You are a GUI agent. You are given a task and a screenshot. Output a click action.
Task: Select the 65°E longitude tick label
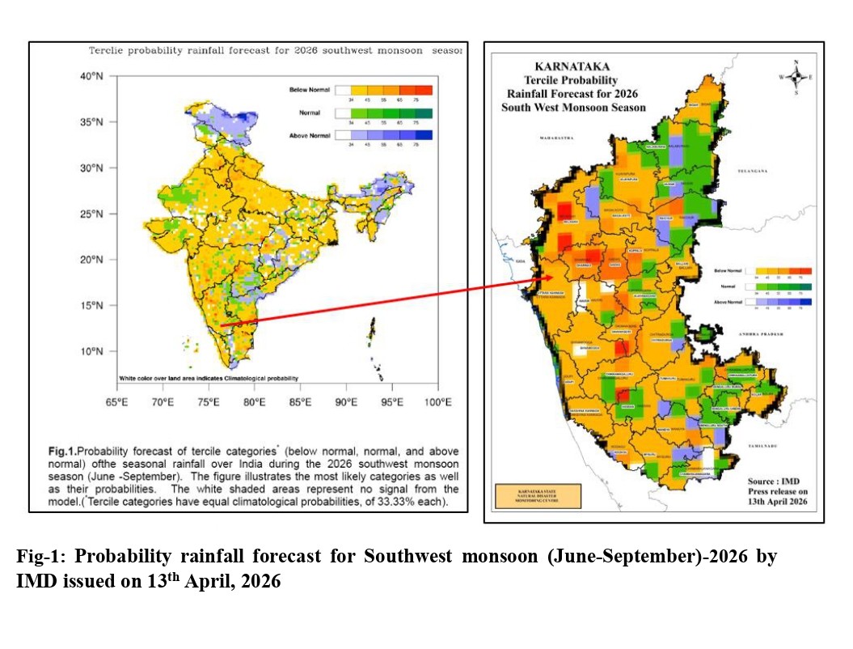coord(118,402)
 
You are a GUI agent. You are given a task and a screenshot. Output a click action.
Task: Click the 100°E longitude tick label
coord(437,402)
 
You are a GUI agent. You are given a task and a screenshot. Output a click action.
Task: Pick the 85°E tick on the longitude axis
coord(301,402)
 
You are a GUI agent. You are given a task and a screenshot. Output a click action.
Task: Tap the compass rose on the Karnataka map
coord(796,77)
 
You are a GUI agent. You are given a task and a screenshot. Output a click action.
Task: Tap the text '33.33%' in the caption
coord(412,503)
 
